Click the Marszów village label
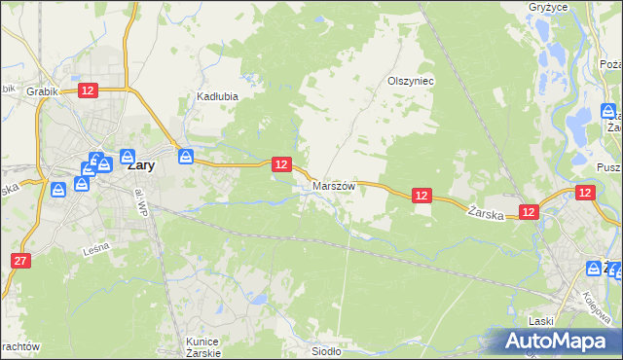click(334, 185)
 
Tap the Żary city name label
click(139, 165)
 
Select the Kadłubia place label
click(217, 97)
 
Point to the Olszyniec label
click(410, 82)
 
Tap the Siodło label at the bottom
click(324, 352)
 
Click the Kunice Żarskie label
click(203, 347)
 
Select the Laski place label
click(542, 322)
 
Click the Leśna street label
click(95, 250)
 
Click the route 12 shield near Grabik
click(88, 90)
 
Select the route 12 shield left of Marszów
click(280, 165)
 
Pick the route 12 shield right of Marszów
click(421, 196)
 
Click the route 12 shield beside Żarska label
click(529, 211)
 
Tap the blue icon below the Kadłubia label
click(185, 154)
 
